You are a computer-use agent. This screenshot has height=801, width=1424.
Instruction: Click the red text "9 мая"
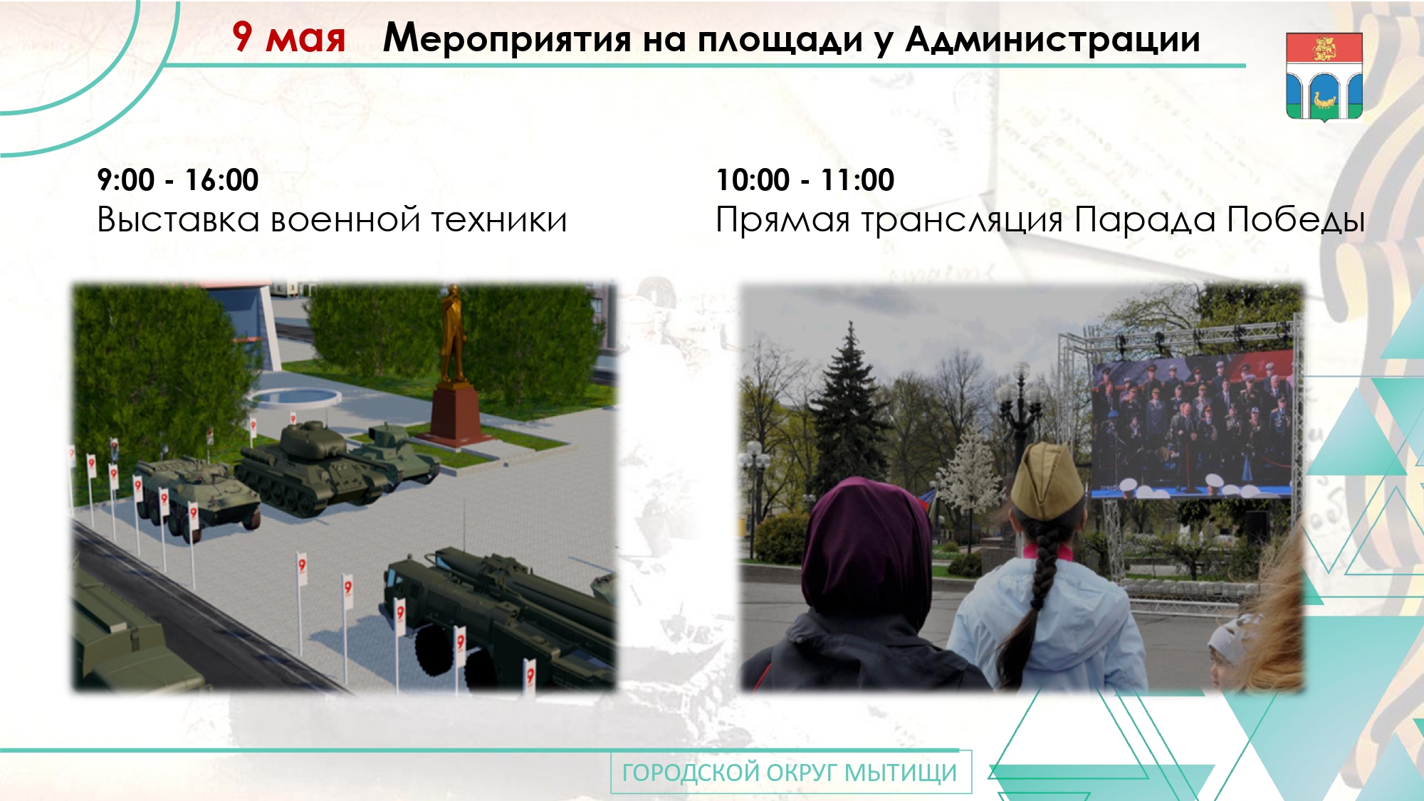pos(288,37)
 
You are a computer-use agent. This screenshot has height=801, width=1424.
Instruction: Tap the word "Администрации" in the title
pos(1053,39)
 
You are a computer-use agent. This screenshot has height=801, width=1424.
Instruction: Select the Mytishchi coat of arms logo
pos(1324,77)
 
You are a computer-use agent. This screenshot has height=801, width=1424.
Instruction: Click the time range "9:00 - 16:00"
pos(178,180)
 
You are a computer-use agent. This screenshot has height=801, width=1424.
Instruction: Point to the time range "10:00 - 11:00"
pos(805,180)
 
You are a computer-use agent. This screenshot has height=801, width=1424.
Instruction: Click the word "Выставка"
pos(179,219)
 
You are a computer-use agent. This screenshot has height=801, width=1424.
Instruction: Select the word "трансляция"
pos(962,221)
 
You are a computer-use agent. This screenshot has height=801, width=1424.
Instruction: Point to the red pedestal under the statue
pos(456,414)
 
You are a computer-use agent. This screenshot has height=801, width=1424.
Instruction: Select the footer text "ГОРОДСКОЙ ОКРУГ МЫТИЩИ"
pos(790,773)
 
